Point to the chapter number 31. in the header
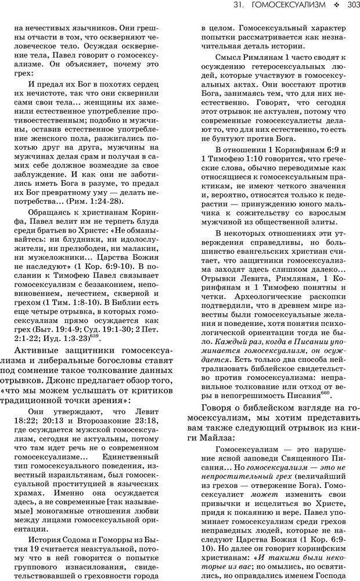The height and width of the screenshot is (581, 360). (237, 6)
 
